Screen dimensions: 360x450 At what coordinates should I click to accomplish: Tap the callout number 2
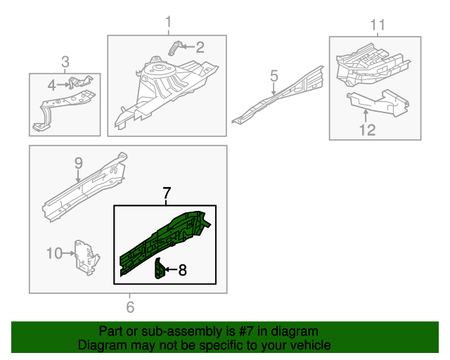(x=200, y=48)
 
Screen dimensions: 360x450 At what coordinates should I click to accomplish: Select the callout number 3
(x=65, y=62)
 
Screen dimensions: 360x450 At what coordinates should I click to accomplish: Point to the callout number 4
(x=51, y=86)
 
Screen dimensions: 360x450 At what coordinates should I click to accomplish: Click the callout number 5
(x=274, y=75)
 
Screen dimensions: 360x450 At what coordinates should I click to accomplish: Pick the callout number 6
(x=130, y=307)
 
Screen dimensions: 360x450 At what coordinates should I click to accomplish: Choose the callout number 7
(x=167, y=193)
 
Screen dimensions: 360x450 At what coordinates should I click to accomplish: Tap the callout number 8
(x=182, y=269)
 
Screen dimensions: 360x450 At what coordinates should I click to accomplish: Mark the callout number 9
(x=79, y=163)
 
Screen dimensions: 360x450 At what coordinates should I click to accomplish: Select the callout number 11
(x=378, y=26)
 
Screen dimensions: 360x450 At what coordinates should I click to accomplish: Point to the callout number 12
(x=368, y=129)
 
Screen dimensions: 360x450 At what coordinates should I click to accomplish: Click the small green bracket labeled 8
(x=160, y=269)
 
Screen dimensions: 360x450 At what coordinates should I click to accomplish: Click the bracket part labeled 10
(x=84, y=257)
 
